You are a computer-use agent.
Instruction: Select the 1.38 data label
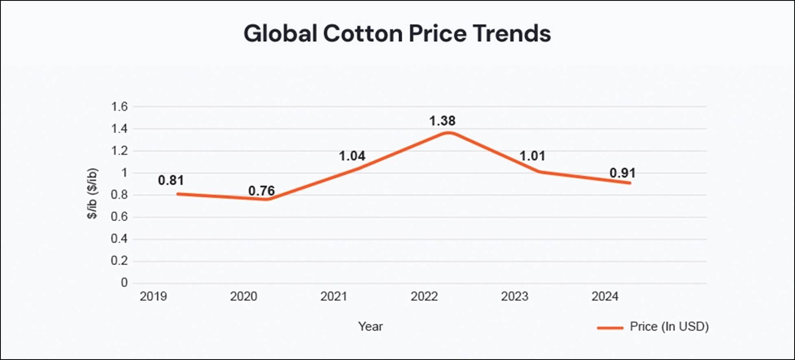click(x=442, y=121)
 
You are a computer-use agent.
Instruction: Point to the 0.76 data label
click(x=262, y=191)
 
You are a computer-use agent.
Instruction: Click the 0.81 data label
click(x=171, y=180)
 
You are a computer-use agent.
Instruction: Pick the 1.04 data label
click(x=352, y=156)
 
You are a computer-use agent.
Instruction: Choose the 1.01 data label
click(x=532, y=156)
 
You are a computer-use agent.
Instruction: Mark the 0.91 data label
click(x=622, y=173)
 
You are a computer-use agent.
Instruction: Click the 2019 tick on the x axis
click(x=153, y=297)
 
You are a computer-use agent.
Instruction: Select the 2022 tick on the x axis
click(x=424, y=297)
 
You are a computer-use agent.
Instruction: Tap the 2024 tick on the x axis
click(x=605, y=297)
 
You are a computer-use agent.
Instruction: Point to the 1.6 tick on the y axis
click(x=119, y=107)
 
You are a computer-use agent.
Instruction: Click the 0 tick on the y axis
click(x=124, y=283)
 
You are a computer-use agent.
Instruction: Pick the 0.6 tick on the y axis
click(x=119, y=217)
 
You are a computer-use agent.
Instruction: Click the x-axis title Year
click(x=370, y=326)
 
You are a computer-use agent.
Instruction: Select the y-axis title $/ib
click(x=93, y=194)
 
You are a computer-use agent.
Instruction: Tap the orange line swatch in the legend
click(x=610, y=328)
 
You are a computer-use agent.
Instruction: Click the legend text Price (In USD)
click(x=669, y=326)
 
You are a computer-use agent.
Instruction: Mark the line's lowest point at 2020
click(x=266, y=199)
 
